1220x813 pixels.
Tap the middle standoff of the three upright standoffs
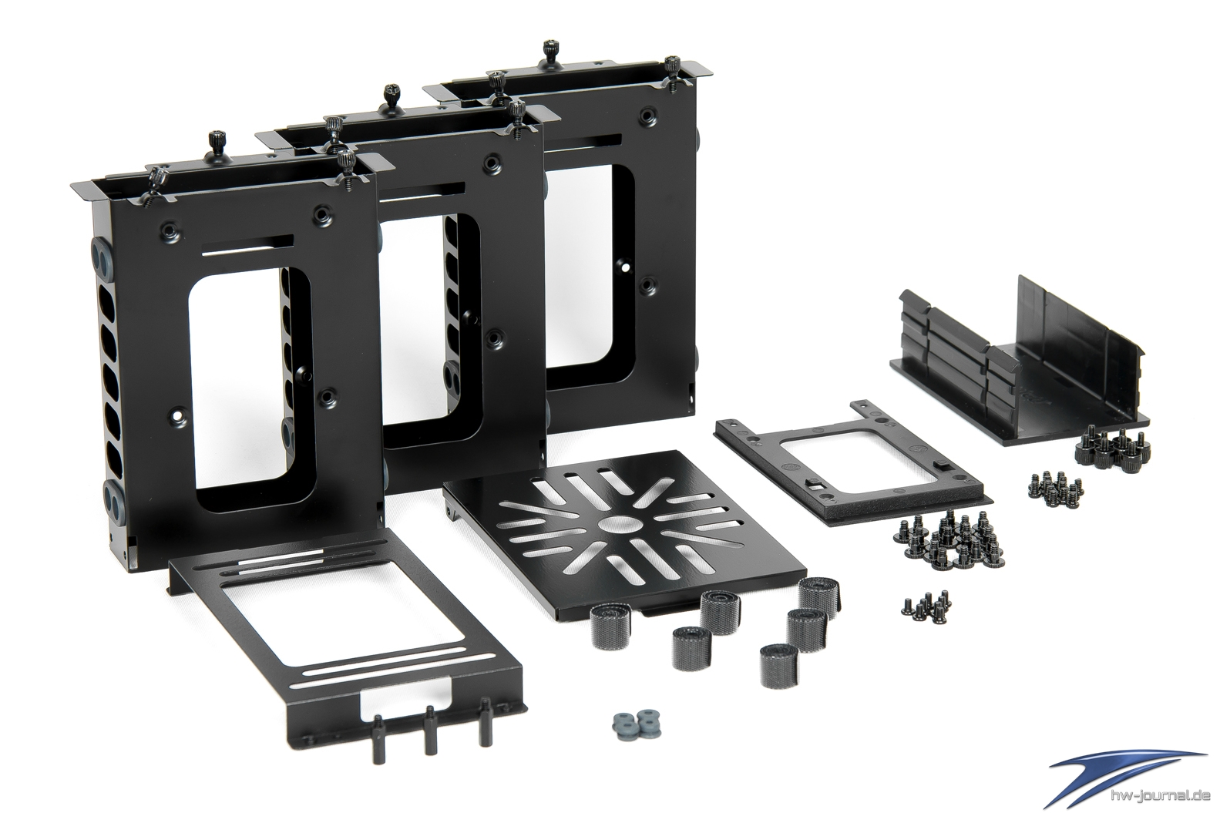[429, 737]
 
